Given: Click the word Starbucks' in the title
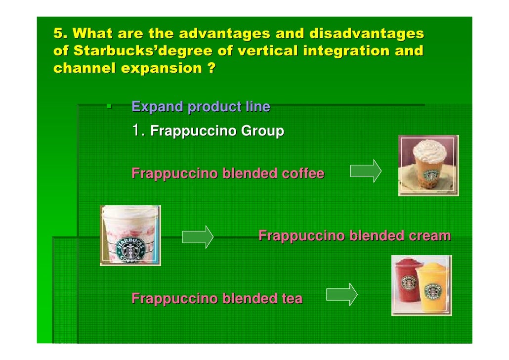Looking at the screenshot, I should [106, 51].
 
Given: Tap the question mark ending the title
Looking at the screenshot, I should [211, 68].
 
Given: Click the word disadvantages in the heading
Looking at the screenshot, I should [366, 34].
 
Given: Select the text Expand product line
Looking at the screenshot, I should [201, 106].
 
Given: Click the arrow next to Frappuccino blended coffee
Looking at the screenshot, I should [365, 171].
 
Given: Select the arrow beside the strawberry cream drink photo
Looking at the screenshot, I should [197, 237].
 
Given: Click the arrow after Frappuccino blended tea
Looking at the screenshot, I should [341, 295].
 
